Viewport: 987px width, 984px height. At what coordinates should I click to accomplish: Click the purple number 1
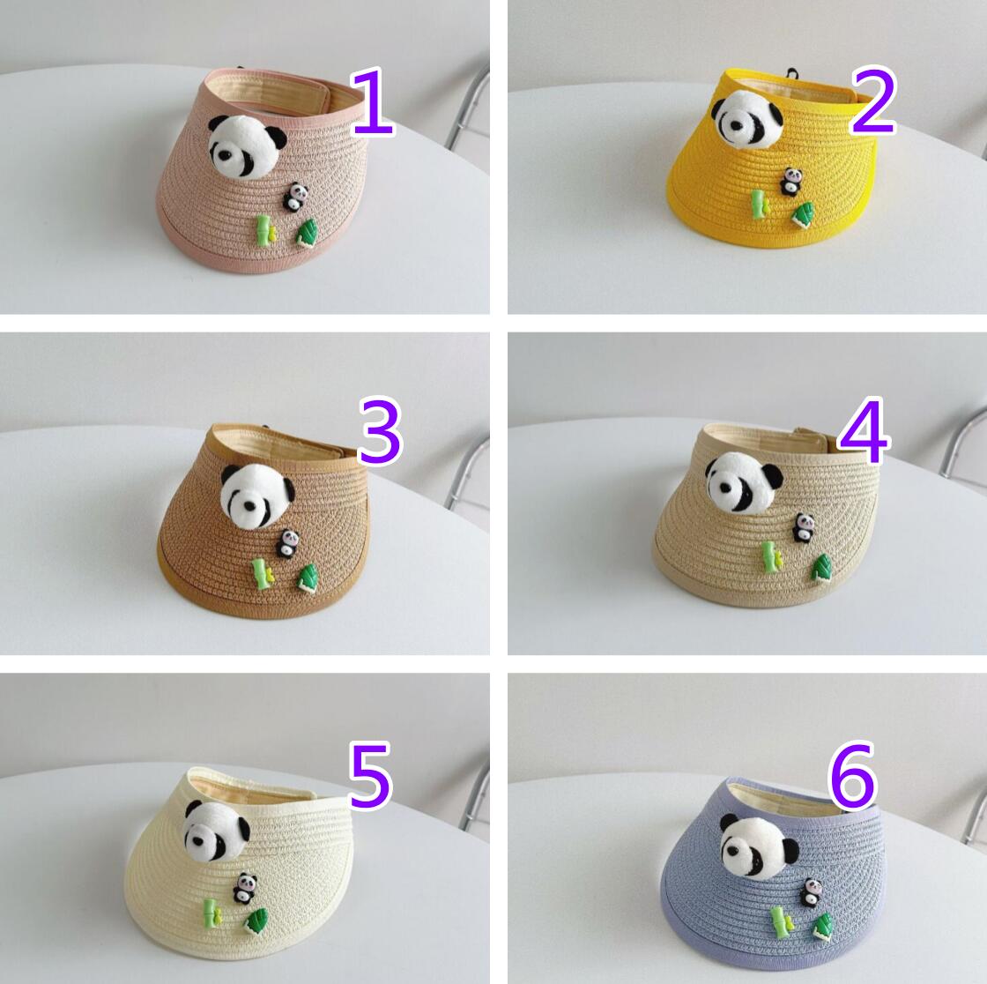373,102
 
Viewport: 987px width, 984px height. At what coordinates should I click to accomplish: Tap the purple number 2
872,102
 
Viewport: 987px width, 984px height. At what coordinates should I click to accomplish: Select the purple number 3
380,431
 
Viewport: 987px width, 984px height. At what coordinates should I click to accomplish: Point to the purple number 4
864,431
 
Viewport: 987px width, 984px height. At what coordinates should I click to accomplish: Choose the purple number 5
370,775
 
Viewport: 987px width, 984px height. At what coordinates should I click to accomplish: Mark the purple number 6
853,776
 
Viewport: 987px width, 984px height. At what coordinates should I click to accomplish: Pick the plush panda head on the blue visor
759,845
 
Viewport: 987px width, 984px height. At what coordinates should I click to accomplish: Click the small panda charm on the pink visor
294,197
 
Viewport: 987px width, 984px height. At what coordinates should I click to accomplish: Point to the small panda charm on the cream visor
245,888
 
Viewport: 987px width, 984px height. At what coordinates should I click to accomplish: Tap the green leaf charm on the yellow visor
804,212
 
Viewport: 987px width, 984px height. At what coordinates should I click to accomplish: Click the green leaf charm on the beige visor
820,567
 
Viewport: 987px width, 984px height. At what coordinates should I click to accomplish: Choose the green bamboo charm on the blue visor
782,922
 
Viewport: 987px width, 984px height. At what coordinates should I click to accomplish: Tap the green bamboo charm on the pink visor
266,230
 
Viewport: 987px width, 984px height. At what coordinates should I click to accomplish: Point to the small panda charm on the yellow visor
789,182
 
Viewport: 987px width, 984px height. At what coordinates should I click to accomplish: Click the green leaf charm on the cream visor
256,921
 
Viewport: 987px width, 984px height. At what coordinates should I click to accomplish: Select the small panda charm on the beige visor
803,527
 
